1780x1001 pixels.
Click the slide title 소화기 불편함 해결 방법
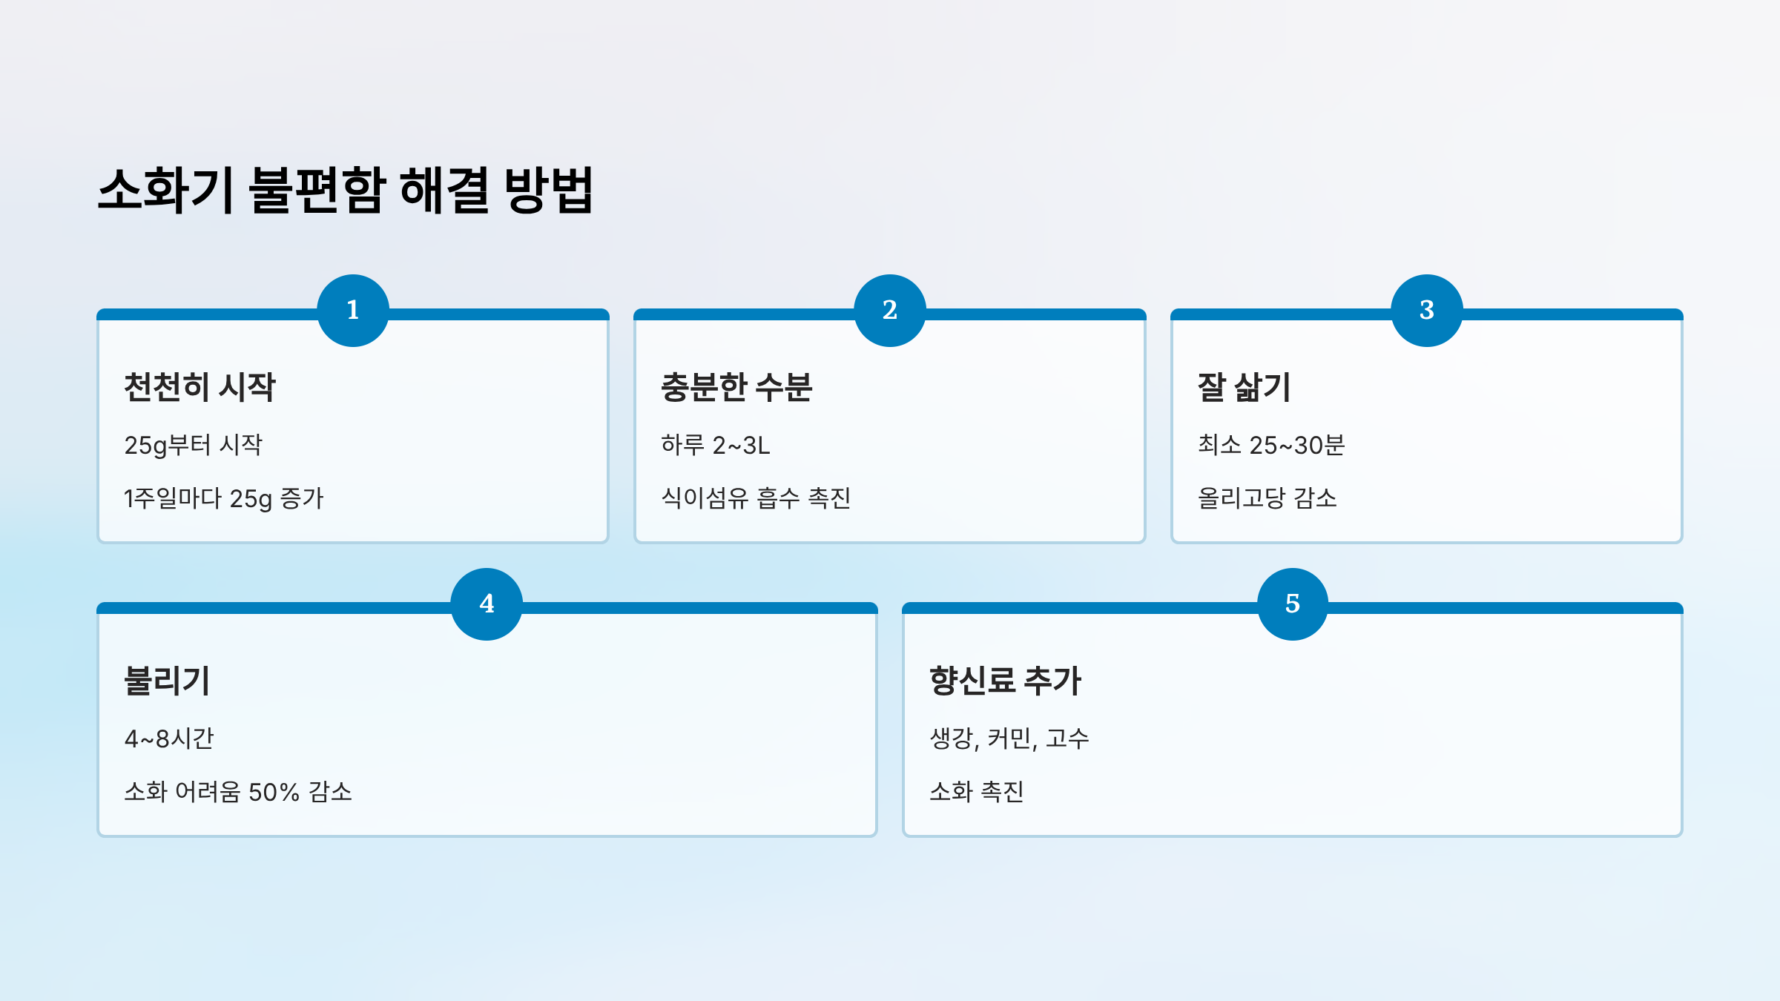click(346, 191)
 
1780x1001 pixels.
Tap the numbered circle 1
click(353, 310)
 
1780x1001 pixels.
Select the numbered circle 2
click(890, 310)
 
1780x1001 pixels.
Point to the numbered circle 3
click(1427, 310)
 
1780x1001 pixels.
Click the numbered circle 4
click(487, 604)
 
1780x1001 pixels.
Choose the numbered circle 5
click(1293, 604)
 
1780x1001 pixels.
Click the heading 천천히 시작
click(200, 387)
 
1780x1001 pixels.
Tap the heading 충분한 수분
click(736, 387)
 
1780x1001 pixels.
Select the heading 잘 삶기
click(1245, 387)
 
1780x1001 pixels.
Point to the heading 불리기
click(168, 681)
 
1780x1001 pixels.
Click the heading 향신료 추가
click(1006, 681)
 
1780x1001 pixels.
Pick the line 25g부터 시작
click(194, 445)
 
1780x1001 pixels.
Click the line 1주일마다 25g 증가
click(224, 498)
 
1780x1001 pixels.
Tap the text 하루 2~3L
click(716, 445)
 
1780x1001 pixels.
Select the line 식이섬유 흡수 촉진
click(756, 498)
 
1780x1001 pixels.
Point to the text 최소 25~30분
click(1271, 445)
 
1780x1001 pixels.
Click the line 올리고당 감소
click(1268, 498)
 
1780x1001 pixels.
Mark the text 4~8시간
click(169, 739)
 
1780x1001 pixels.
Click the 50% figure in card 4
click(274, 792)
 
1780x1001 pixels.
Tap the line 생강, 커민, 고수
click(1009, 739)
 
